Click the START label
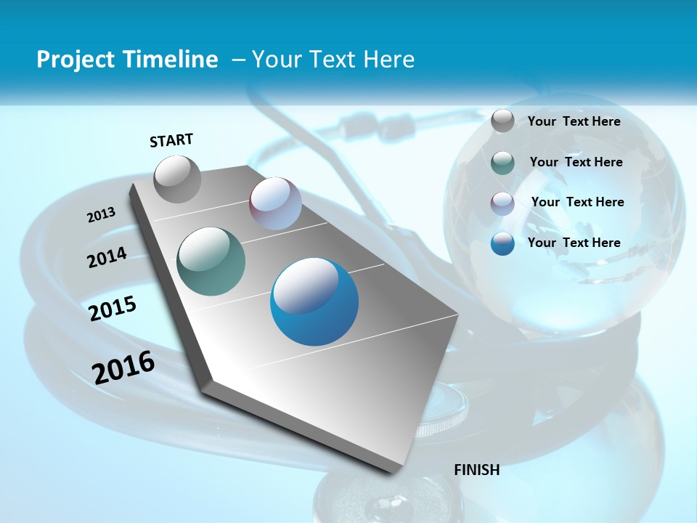tap(171, 140)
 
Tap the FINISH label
tap(477, 470)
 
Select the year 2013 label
tap(101, 215)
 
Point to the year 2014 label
tap(107, 258)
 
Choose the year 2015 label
tap(113, 309)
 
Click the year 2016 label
tap(123, 367)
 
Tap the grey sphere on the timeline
tap(177, 179)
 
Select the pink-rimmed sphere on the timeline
tap(275, 203)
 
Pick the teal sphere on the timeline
tap(211, 261)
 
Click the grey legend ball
tap(502, 121)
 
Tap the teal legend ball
tap(502, 163)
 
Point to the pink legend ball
tap(502, 203)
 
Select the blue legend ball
tap(502, 243)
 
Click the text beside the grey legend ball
tap(574, 122)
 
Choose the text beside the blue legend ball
tap(574, 243)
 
